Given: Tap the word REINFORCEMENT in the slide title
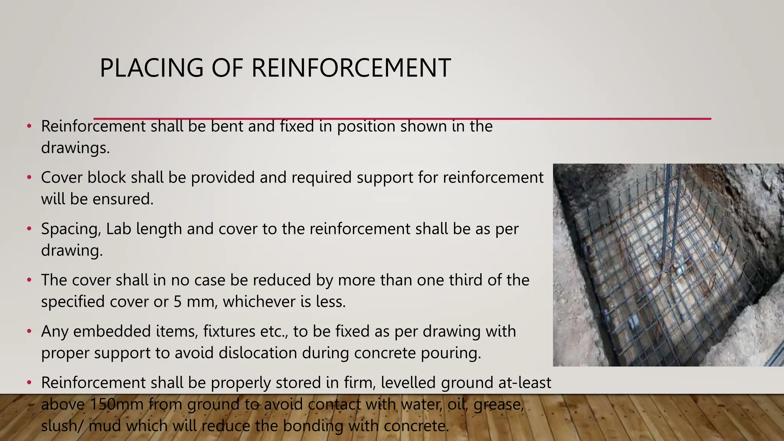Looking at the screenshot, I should tap(351, 68).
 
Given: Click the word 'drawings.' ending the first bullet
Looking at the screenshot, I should tap(75, 148).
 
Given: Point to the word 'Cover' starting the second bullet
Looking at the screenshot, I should tap(62, 178).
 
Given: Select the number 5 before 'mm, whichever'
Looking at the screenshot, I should tap(178, 302).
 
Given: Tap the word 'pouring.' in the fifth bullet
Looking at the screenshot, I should tap(451, 353).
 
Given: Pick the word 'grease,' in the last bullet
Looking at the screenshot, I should tap(499, 404).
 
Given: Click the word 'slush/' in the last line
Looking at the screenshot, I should tap(62, 426).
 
